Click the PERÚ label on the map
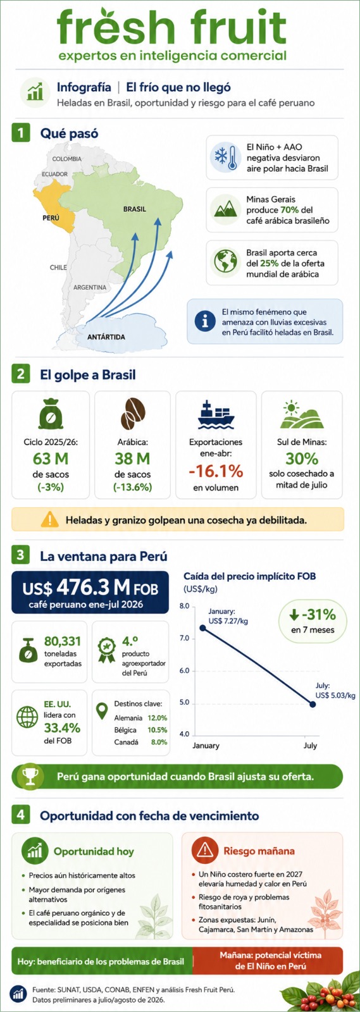(x=51, y=218)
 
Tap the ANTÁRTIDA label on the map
(x=106, y=337)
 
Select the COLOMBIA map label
(x=67, y=159)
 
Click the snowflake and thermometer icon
(x=225, y=157)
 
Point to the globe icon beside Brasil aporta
(x=225, y=262)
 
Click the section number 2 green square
(x=20, y=374)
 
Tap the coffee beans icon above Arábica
(x=132, y=414)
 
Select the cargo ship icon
(x=216, y=414)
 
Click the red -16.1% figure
(x=216, y=471)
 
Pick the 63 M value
(x=51, y=459)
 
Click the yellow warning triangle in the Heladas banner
(x=50, y=519)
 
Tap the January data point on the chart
(x=203, y=628)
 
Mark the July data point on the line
(x=313, y=705)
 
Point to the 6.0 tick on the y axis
(x=184, y=670)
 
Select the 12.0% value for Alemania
(x=157, y=718)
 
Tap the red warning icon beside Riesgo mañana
(x=204, y=850)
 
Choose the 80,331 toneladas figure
(x=63, y=641)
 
